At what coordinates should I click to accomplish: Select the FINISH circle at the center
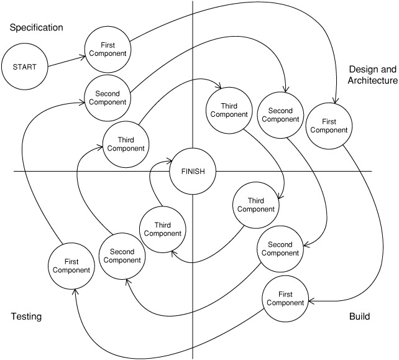pyautogui.click(x=193, y=171)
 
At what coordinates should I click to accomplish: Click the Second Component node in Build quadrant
pyautogui.click(x=280, y=249)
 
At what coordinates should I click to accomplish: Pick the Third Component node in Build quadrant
pyautogui.click(x=255, y=205)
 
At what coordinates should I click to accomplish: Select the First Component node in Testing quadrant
pyautogui.click(x=71, y=265)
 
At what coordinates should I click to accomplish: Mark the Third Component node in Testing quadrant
pyautogui.click(x=162, y=229)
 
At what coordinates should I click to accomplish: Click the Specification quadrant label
pyautogui.click(x=37, y=27)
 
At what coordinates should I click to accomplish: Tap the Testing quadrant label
pyautogui.click(x=26, y=317)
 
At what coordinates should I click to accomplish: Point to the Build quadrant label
pyautogui.click(x=359, y=317)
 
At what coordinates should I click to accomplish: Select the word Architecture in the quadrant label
pyautogui.click(x=372, y=81)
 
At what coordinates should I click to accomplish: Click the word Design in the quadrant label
pyautogui.click(x=364, y=69)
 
